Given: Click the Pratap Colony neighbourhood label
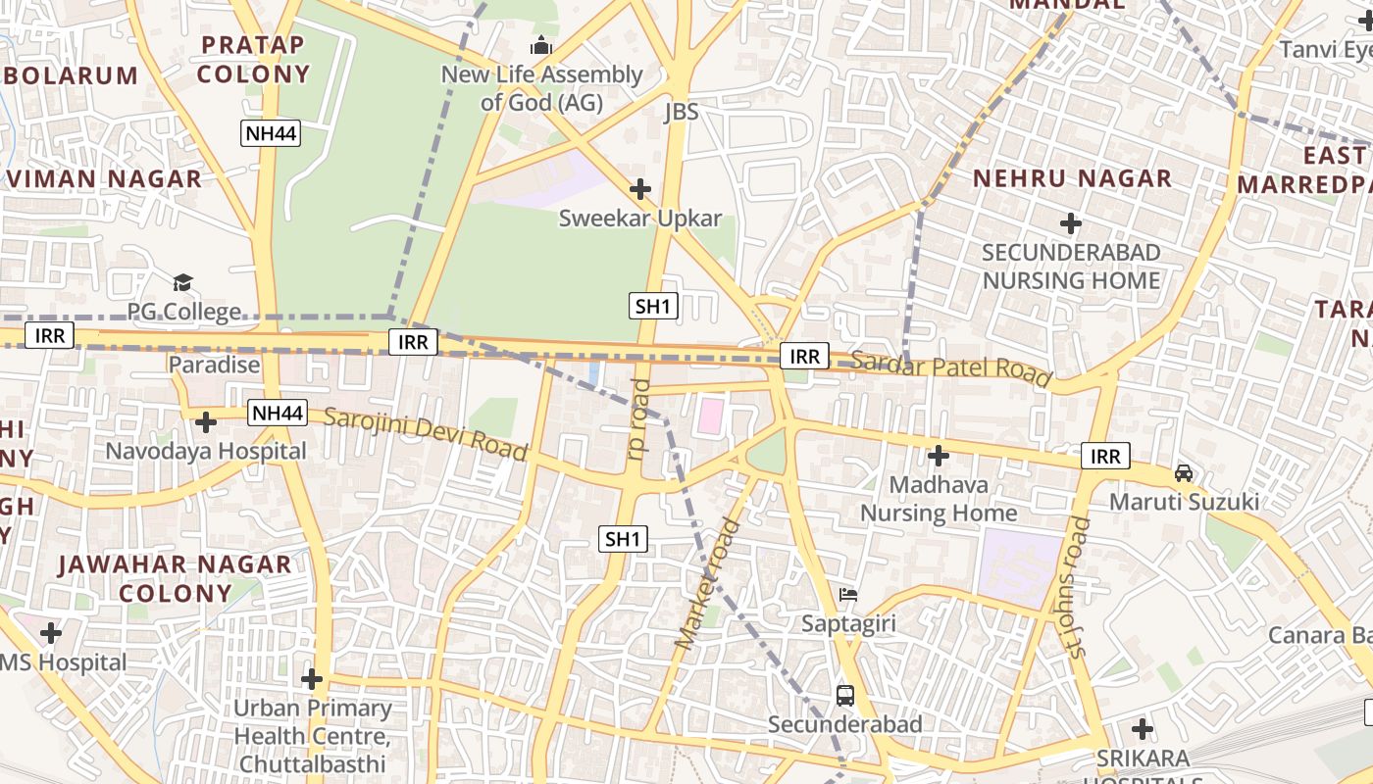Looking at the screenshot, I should tap(254, 59).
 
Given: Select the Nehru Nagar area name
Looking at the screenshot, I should tap(1072, 178).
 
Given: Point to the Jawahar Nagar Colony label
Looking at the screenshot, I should tap(176, 578).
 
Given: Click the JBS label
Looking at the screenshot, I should tap(682, 112).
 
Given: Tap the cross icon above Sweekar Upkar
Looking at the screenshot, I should tap(640, 188).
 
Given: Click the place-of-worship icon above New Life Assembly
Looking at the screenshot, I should tap(541, 45).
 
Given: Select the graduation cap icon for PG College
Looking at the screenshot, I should tap(183, 283).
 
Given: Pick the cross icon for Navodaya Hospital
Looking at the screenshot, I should tap(206, 422).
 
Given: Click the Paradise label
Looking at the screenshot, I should tap(215, 365).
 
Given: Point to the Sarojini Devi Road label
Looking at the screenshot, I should tap(426, 432).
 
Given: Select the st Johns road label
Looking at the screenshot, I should tap(1076, 588).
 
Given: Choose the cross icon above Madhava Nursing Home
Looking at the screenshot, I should tap(939, 456).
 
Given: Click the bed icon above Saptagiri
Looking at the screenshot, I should tap(848, 594).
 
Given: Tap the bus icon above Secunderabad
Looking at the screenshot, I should tap(845, 696).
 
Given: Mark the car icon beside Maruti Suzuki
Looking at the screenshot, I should tap(1184, 473).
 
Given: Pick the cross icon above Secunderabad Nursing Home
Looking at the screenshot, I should tap(1071, 223).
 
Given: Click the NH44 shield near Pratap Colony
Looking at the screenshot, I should tap(271, 133).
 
